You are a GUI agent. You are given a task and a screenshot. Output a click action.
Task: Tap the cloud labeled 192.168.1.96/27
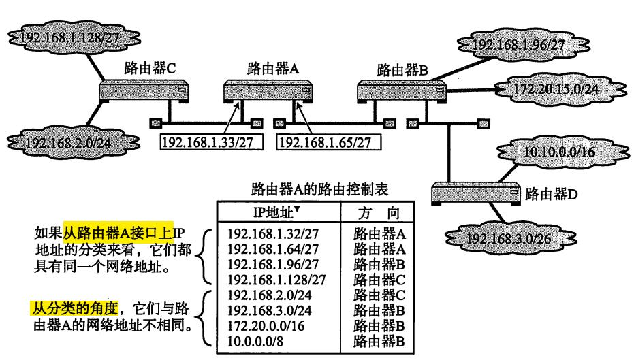[x=511, y=45]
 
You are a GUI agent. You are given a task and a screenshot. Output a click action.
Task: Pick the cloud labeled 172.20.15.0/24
[x=545, y=88]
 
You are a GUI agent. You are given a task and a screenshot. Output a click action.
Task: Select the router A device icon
[x=268, y=91]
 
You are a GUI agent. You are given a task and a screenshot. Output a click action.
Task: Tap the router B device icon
[x=401, y=91]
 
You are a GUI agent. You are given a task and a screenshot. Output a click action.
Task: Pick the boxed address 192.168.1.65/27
[x=328, y=142]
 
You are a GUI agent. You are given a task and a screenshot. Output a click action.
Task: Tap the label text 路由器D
[x=552, y=195]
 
